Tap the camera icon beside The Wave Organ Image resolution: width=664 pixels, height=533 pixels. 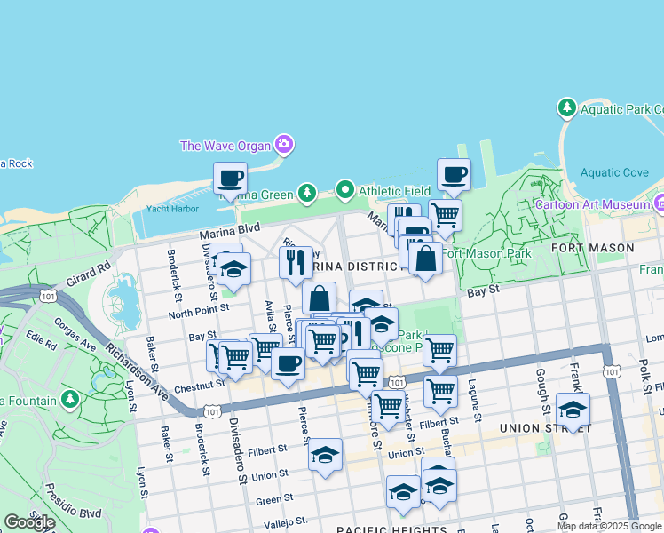click(284, 144)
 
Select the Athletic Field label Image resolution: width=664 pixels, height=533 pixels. click(394, 190)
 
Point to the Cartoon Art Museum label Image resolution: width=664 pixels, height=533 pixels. click(591, 203)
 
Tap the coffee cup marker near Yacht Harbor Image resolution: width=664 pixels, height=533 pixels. click(230, 178)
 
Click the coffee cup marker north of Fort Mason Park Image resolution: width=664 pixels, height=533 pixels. click(454, 174)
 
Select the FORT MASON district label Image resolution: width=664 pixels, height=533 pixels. click(583, 247)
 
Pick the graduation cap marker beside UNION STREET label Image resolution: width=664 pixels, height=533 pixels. click(573, 410)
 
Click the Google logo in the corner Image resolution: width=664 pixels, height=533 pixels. click(28, 522)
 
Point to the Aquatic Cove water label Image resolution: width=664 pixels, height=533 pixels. click(614, 172)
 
